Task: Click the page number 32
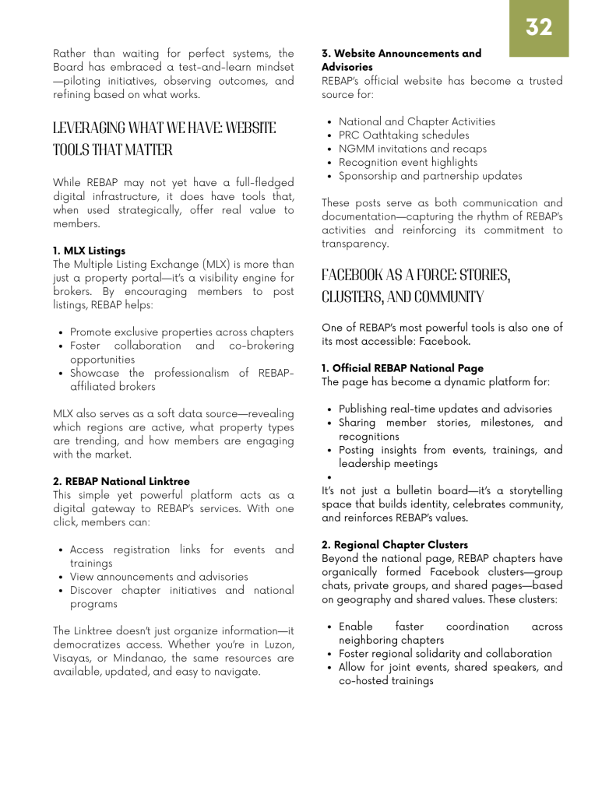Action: [x=539, y=27]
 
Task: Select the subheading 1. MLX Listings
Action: [x=90, y=251]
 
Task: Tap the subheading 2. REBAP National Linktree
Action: [x=121, y=482]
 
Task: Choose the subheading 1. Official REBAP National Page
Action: [x=403, y=368]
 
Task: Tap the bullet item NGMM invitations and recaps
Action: [x=412, y=149]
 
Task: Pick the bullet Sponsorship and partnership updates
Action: [x=430, y=176]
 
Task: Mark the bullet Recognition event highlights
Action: [x=408, y=162]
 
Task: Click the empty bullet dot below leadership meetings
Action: [x=331, y=478]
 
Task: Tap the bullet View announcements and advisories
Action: [x=159, y=577]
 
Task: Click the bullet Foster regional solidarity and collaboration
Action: [x=445, y=653]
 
